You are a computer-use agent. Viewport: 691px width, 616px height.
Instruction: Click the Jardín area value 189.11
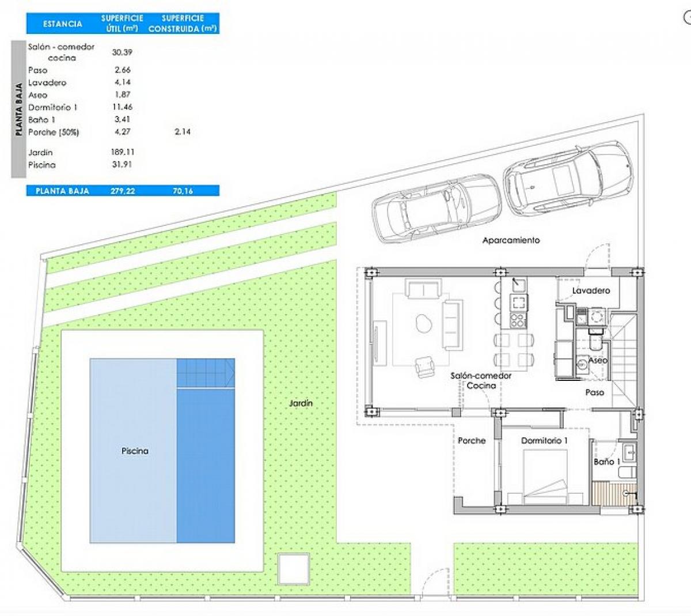pyautogui.click(x=123, y=152)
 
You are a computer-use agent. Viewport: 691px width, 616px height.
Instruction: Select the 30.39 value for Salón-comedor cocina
pyautogui.click(x=122, y=52)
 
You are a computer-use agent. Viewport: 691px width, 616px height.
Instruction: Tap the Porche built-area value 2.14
pyautogui.click(x=183, y=132)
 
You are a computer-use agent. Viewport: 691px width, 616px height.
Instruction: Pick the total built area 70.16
pyautogui.click(x=183, y=191)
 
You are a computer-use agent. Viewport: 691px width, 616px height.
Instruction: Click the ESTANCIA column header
pyautogui.click(x=62, y=24)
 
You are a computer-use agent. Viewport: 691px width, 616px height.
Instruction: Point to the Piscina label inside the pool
pyautogui.click(x=135, y=451)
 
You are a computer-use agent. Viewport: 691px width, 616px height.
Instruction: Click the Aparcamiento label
pyautogui.click(x=511, y=240)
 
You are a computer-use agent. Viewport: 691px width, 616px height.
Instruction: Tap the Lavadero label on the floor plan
pyautogui.click(x=591, y=290)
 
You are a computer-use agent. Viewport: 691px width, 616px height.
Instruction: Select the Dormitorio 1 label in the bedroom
pyautogui.click(x=544, y=441)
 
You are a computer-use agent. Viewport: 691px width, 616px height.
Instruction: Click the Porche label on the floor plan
pyautogui.click(x=472, y=441)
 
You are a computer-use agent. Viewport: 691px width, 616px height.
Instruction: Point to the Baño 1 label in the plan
pyautogui.click(x=607, y=462)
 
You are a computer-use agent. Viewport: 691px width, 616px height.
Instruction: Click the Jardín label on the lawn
pyautogui.click(x=301, y=403)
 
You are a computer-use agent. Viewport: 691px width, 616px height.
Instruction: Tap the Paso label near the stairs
pyautogui.click(x=595, y=392)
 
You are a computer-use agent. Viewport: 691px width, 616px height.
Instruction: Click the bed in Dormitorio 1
pyautogui.click(x=545, y=477)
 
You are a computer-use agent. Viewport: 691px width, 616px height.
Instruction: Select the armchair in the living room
pyautogui.click(x=424, y=367)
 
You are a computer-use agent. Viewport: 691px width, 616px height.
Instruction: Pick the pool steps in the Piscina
pyautogui.click(x=206, y=373)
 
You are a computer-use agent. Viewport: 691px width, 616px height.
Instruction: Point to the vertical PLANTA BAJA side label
pyautogui.click(x=19, y=109)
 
